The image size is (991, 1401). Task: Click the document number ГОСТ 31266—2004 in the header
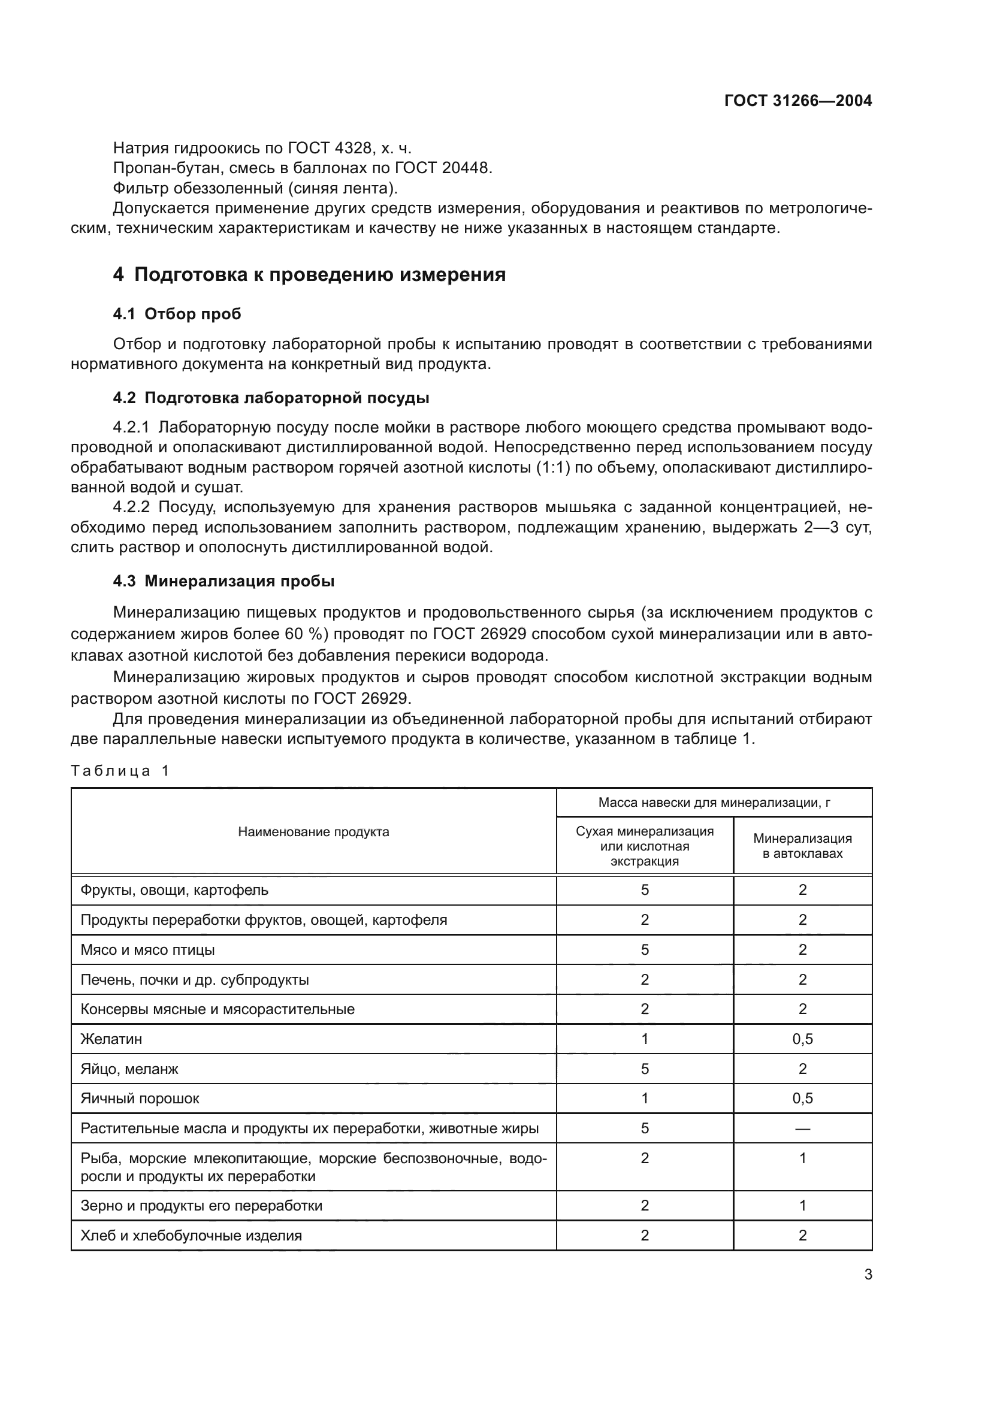(797, 101)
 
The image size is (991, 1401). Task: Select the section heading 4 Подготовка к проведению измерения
(309, 274)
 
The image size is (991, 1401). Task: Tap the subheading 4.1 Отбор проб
(177, 314)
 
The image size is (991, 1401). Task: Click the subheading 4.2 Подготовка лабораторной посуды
(271, 398)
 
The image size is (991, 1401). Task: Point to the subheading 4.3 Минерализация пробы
(223, 581)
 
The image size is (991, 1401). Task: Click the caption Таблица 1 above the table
(120, 771)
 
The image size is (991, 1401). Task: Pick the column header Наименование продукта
(313, 832)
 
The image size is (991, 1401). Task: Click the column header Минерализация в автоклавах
(802, 846)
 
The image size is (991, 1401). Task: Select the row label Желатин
(111, 1039)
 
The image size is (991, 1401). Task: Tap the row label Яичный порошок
(140, 1099)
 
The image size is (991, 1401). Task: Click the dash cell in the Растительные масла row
(802, 1128)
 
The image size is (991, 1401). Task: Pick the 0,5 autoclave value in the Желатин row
(802, 1039)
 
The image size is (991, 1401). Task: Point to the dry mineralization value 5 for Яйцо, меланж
(645, 1069)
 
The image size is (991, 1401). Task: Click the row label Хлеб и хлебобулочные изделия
(191, 1235)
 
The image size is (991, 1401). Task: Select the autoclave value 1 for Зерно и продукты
(802, 1205)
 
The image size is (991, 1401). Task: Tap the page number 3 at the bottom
(868, 1274)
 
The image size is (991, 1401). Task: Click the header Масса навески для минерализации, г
(714, 803)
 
